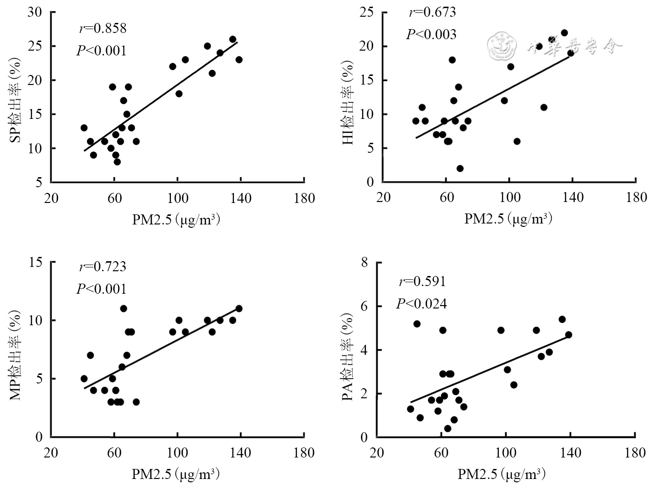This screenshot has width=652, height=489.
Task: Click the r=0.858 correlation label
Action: click(103, 29)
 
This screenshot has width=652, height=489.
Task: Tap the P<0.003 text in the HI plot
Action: click(431, 34)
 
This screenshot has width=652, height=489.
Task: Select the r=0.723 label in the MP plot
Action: click(103, 266)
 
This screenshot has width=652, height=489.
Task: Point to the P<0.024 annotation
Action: click(421, 304)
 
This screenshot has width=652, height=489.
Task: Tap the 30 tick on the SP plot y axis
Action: click(35, 12)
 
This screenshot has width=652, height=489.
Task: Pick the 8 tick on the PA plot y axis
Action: click(365, 262)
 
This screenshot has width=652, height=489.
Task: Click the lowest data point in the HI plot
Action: click(460, 169)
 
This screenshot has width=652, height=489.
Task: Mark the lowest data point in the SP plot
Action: click(117, 162)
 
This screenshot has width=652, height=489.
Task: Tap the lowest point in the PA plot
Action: click(447, 428)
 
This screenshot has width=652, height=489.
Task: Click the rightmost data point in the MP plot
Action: click(239, 308)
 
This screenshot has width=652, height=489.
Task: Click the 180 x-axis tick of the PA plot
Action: click(635, 452)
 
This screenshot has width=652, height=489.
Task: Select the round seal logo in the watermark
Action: click(502, 46)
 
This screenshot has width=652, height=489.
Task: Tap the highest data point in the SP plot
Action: click(232, 40)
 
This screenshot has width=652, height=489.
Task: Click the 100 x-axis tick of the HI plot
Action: click(509, 197)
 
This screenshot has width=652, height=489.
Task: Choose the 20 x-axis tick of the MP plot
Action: click(51, 452)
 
